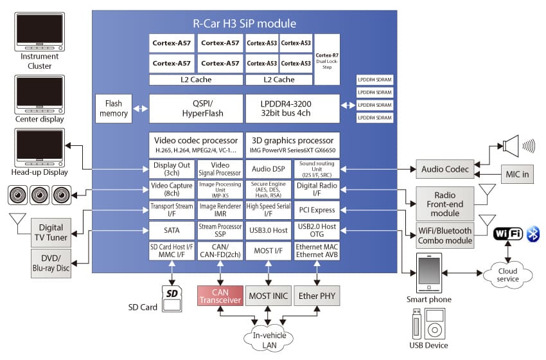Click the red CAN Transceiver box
coord(220,296)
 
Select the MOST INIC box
coord(269,296)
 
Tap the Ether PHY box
coord(316,296)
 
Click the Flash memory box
coord(113,109)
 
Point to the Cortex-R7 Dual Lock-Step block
coord(327,60)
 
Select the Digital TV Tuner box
coord(51,232)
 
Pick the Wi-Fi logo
coord(507,234)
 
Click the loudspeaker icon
coord(514,145)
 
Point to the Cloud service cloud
coord(507,274)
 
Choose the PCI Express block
coord(316,210)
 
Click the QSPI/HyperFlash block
coord(196,109)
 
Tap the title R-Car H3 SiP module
coord(245,24)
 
